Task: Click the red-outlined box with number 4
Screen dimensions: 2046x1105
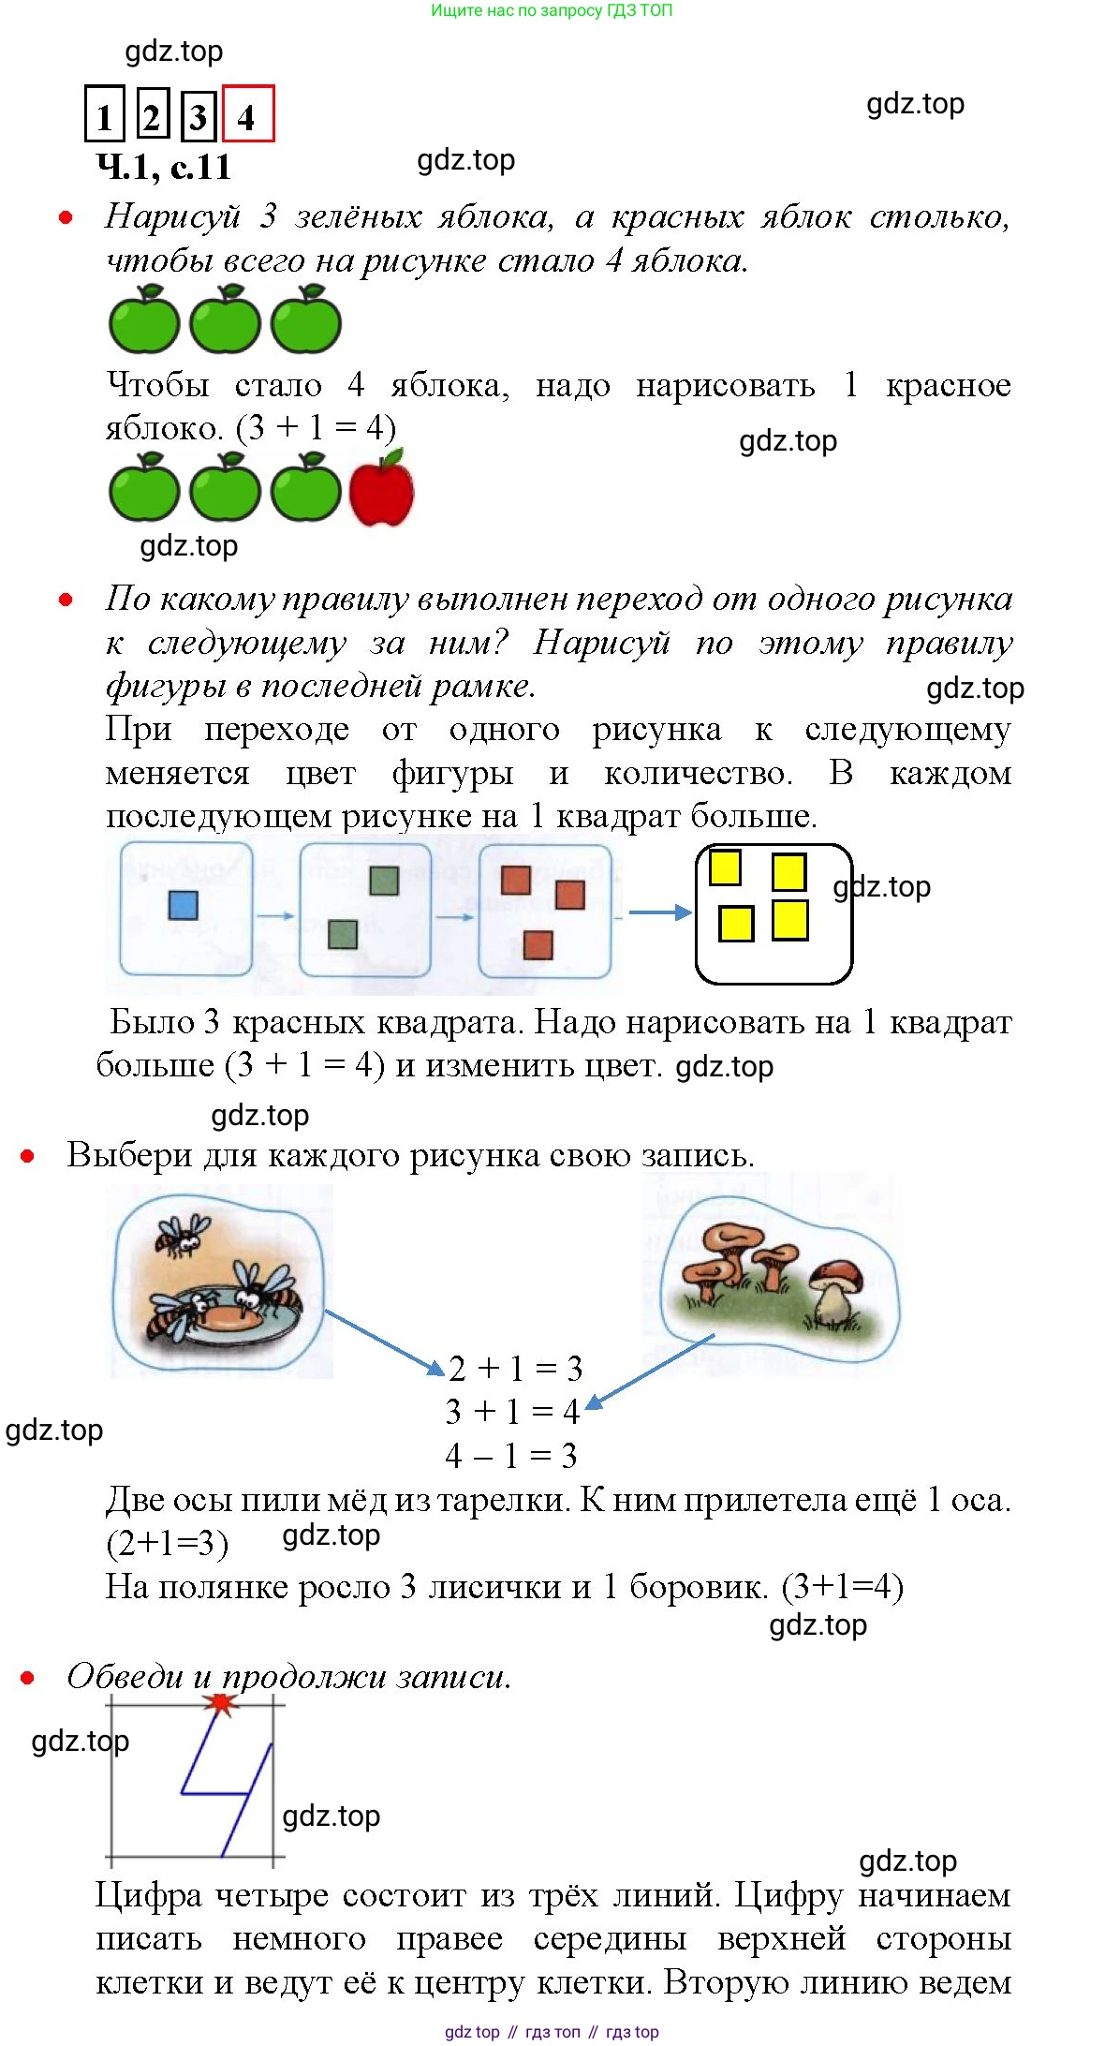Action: point(248,114)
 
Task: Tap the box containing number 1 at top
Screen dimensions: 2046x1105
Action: point(104,114)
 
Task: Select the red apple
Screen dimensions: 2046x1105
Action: point(381,488)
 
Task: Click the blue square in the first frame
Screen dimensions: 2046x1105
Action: point(183,906)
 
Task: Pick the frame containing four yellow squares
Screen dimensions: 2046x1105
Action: point(773,913)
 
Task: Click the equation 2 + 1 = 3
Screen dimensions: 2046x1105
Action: point(516,1369)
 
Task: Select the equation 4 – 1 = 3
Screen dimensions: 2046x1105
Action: point(511,1456)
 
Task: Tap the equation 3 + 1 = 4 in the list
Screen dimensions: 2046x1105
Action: point(512,1412)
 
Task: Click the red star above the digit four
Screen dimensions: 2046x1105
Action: point(221,1702)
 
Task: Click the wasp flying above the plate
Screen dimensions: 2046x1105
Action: point(184,1236)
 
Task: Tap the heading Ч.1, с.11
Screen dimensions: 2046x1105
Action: point(164,167)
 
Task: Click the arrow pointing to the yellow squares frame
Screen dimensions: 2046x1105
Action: point(659,912)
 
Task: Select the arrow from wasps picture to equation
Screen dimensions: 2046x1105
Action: point(383,1342)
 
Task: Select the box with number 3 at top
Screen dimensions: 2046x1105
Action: point(198,114)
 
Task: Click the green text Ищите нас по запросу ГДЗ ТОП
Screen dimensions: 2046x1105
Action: point(552,10)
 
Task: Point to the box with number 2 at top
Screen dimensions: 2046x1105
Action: point(152,114)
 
